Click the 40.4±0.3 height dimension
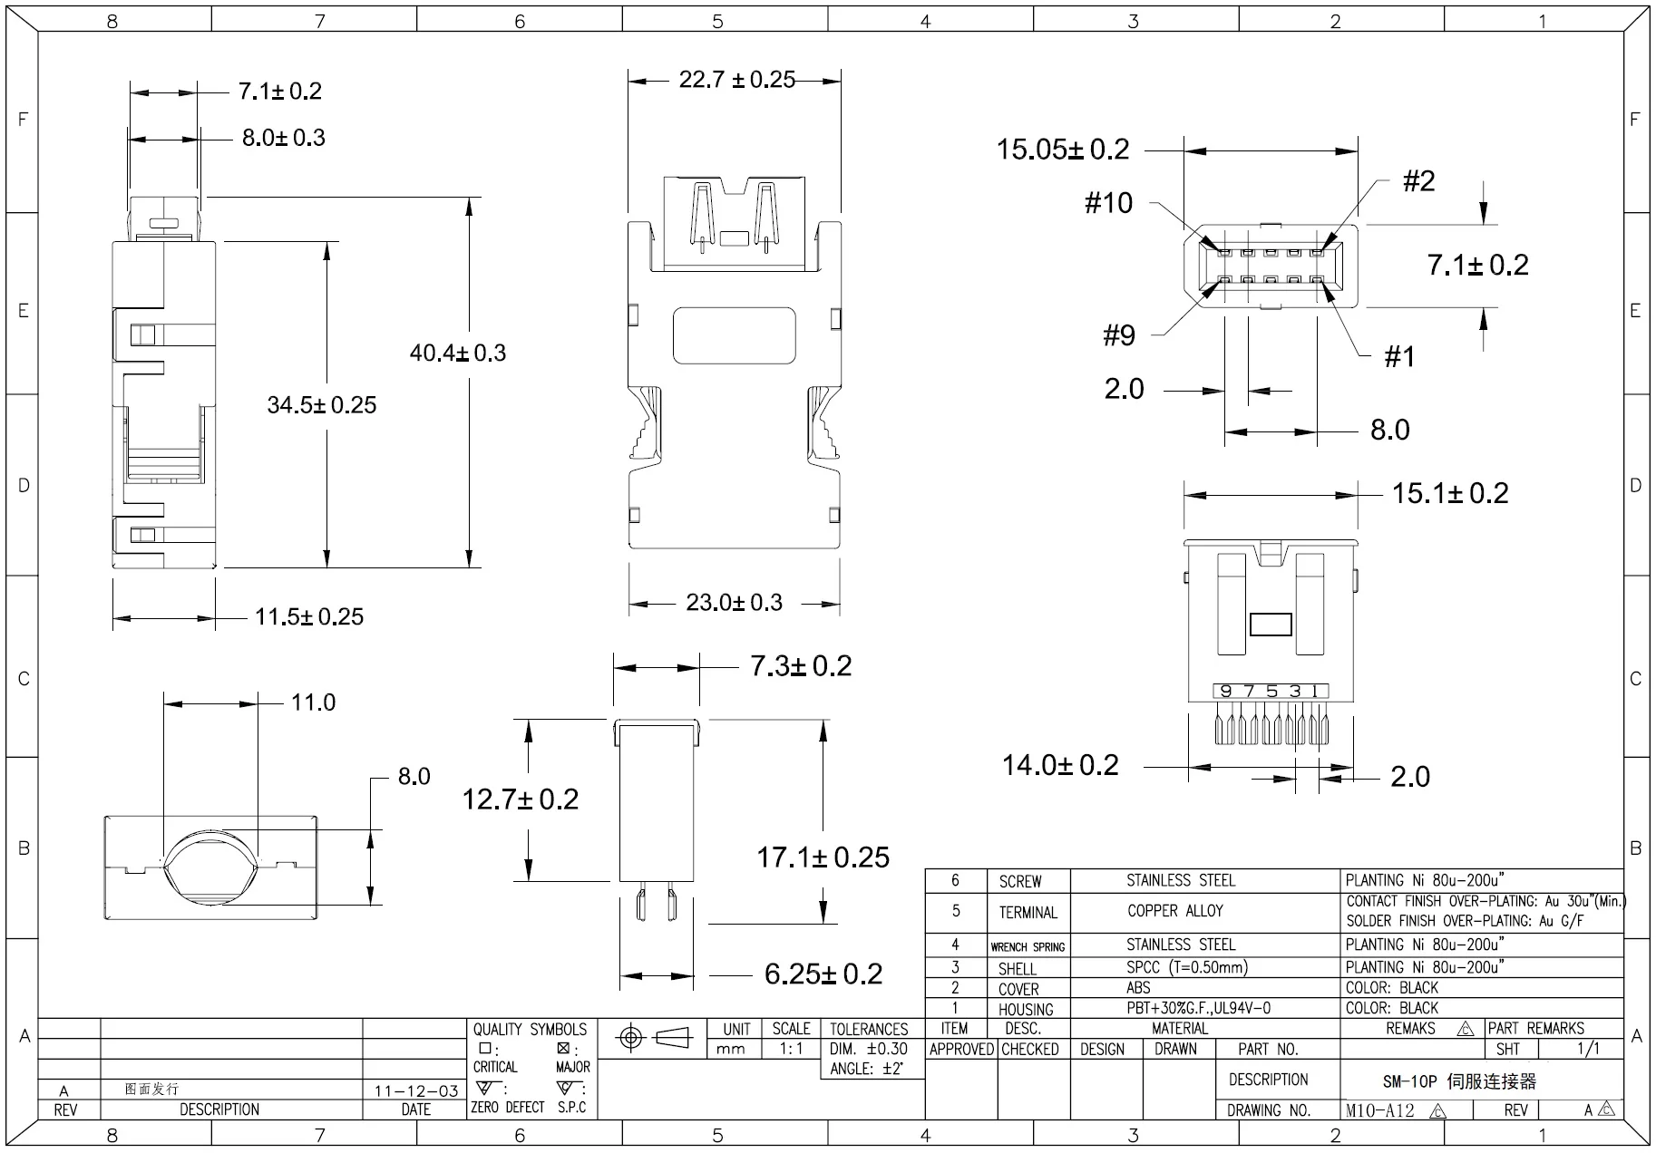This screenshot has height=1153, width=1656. pyautogui.click(x=458, y=353)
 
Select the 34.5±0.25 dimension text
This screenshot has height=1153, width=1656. pyautogui.click(x=321, y=405)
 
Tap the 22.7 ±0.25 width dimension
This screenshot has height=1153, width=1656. pyautogui.click(x=736, y=80)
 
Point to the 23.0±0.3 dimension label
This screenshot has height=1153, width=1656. pyautogui.click(x=734, y=603)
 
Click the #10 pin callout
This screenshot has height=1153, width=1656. pyautogui.click(x=1108, y=203)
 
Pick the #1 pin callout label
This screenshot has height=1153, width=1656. pyautogui.click(x=1399, y=357)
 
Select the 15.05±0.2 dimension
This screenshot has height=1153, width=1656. pyautogui.click(x=1063, y=150)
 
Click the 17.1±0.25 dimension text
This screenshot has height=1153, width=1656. pyautogui.click(x=823, y=857)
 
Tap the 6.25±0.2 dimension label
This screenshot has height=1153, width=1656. pyautogui.click(x=823, y=974)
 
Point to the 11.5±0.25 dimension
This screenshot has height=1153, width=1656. pyautogui.click(x=308, y=617)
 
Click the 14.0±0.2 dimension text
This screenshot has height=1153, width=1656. pyautogui.click(x=1059, y=766)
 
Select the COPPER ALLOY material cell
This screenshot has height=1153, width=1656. pyautogui.click(x=1174, y=911)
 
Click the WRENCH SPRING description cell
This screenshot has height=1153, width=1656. pyautogui.click(x=1028, y=946)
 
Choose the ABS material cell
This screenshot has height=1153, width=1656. pyautogui.click(x=1138, y=988)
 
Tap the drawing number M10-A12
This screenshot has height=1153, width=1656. pyautogui.click(x=1379, y=1110)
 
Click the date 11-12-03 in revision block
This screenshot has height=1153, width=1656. pyautogui.click(x=416, y=1090)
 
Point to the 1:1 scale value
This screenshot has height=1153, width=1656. pyautogui.click(x=791, y=1049)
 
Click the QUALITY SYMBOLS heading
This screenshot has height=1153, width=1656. pyautogui.click(x=530, y=1030)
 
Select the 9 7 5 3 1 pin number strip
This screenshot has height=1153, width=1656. pyautogui.click(x=1271, y=692)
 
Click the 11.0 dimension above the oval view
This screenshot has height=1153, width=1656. pyautogui.click(x=313, y=702)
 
